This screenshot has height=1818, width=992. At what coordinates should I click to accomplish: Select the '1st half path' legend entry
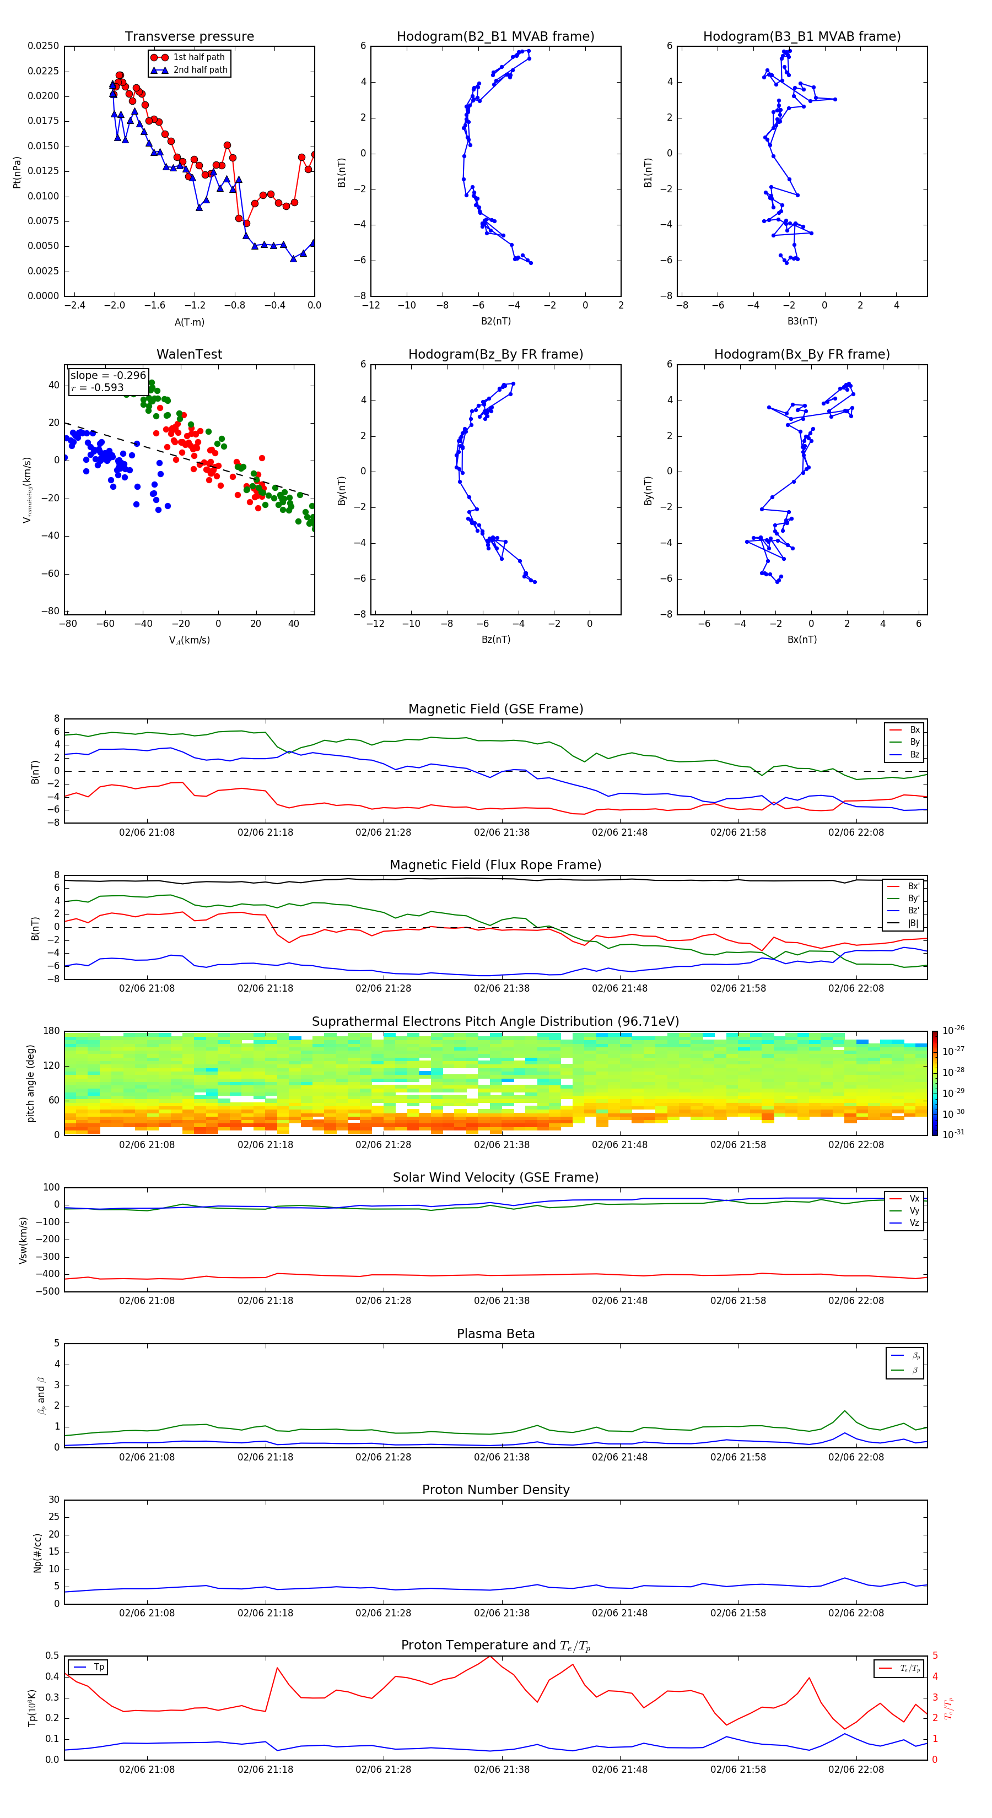[198, 57]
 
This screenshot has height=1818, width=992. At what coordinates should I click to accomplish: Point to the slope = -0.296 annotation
[108, 376]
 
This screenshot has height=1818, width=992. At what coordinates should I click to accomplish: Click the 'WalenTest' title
[189, 354]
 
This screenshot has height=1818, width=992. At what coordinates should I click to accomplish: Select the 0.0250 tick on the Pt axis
[43, 46]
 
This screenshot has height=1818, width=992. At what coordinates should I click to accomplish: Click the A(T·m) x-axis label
[189, 322]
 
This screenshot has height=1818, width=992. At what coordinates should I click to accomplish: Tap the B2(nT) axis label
[495, 321]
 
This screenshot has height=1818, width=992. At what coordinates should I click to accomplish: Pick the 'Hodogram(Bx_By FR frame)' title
[801, 354]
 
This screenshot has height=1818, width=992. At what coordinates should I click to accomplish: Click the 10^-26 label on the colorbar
[953, 1030]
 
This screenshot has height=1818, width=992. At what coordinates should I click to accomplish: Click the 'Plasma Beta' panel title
[495, 1334]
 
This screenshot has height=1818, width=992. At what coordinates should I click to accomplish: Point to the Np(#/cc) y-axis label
[38, 1552]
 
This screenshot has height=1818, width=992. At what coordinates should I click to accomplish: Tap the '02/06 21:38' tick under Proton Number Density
[502, 1613]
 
